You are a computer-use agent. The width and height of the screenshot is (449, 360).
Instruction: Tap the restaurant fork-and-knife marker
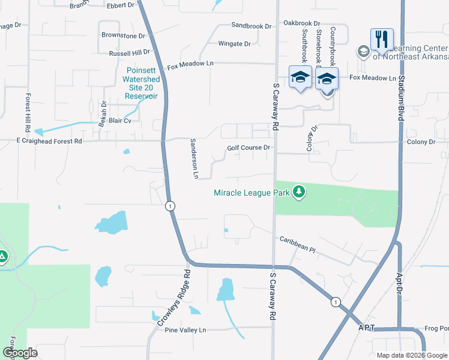tap(382, 40)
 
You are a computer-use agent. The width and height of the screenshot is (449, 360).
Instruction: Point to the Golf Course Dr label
tap(250, 148)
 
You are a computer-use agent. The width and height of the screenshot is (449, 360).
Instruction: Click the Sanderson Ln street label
tap(194, 159)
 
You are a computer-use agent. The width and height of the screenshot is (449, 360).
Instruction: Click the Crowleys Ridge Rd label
tap(175, 298)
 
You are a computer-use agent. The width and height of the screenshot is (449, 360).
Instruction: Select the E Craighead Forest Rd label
tap(40, 141)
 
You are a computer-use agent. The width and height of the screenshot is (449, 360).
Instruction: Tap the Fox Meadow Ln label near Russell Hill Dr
tap(190, 64)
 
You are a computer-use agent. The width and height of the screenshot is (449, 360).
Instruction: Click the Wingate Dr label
tap(234, 44)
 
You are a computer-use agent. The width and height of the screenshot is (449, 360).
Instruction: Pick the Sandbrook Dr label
tap(252, 26)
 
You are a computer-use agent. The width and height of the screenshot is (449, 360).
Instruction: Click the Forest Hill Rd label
tap(28, 112)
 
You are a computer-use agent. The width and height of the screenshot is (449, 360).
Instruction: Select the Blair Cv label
tap(120, 121)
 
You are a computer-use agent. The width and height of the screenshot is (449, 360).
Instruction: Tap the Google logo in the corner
tap(19, 353)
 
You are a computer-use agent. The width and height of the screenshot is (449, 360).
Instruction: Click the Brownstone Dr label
tap(123, 36)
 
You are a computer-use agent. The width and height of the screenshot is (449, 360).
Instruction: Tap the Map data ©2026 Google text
tap(412, 355)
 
